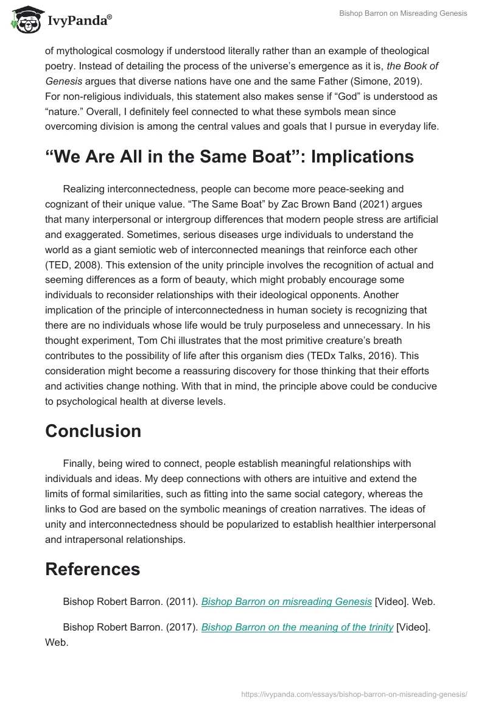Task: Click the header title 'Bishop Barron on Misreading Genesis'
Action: coord(403,13)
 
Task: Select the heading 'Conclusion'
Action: coord(93,431)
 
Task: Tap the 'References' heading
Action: coord(93,568)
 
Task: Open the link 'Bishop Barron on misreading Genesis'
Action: coord(286,601)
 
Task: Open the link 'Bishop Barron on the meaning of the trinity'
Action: coord(297,627)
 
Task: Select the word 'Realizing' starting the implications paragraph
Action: coord(86,189)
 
